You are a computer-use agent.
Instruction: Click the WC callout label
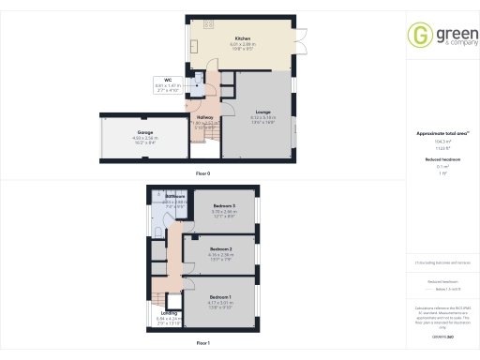[167, 80]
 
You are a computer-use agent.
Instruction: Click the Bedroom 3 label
[223, 206]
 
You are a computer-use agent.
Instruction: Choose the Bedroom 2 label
[220, 248]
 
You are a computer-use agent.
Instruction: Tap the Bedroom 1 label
[221, 295]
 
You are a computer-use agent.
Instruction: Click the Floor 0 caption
[202, 173]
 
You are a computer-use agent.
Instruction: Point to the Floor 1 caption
[202, 344]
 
